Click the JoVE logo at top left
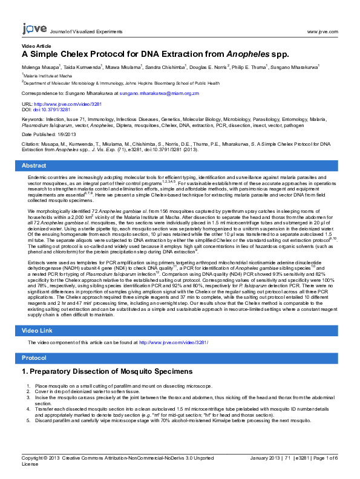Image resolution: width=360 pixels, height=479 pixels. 31,28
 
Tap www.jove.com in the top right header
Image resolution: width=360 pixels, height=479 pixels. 322,30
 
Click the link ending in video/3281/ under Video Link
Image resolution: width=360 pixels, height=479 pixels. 174,342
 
